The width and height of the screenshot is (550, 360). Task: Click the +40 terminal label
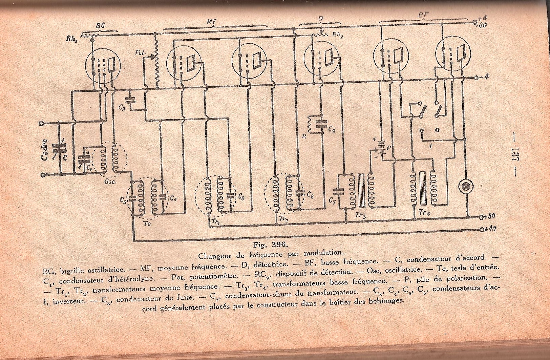pos(490,229)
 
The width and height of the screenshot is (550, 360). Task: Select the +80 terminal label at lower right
pos(490,216)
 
